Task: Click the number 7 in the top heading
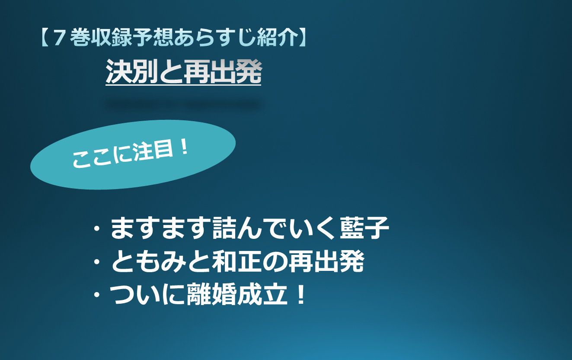tap(58, 38)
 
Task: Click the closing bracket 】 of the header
tap(303, 37)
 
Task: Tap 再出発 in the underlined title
tap(223, 71)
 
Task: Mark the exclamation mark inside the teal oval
tap(184, 148)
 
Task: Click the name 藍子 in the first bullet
tap(364, 228)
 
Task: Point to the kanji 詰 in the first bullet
tap(224, 228)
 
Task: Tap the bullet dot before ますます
tap(97, 228)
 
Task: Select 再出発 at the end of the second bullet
tap(326, 261)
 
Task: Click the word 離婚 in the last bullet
tap(211, 294)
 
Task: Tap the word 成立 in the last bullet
tap(262, 294)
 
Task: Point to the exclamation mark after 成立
tap(301, 294)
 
